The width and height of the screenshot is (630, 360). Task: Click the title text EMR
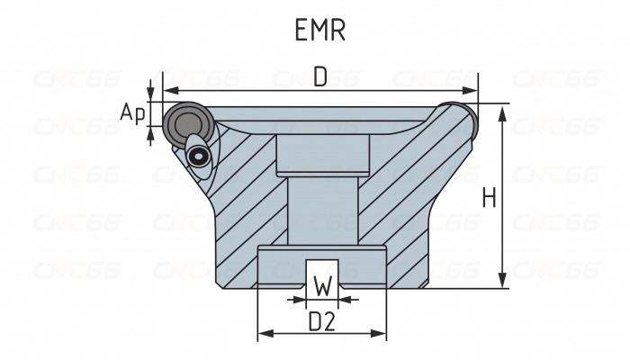pyautogui.click(x=320, y=30)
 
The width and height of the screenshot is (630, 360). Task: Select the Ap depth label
pyautogui.click(x=132, y=113)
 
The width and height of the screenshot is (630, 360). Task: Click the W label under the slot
pyautogui.click(x=322, y=288)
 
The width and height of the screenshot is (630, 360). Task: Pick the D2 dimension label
pyautogui.click(x=322, y=321)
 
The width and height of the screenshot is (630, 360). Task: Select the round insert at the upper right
pyautogui.click(x=459, y=114)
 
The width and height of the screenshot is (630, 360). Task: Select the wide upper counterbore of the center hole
pyautogui.click(x=322, y=154)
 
